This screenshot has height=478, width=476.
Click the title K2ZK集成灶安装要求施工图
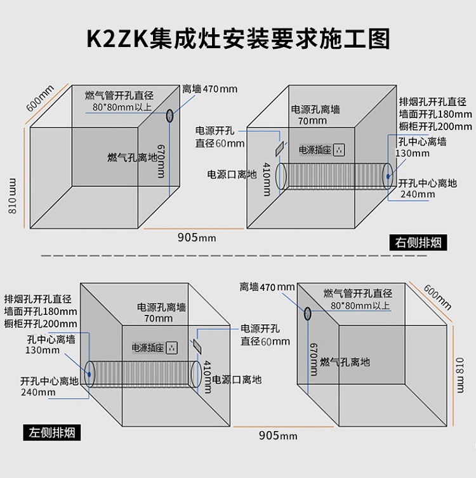(x=238, y=38)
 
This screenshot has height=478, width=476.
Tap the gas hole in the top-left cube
(x=170, y=116)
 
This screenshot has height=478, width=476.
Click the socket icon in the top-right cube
(x=339, y=150)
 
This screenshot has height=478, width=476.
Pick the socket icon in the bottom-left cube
(x=173, y=347)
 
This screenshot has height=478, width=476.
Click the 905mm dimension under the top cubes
(x=197, y=237)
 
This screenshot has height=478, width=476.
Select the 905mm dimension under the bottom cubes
(x=277, y=435)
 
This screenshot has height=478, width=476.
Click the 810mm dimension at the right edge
(x=462, y=375)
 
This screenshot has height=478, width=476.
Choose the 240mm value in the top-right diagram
(x=418, y=194)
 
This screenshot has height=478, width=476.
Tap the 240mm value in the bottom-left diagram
(x=38, y=392)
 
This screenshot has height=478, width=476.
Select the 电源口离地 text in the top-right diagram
(x=232, y=174)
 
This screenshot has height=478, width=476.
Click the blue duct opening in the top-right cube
(x=387, y=175)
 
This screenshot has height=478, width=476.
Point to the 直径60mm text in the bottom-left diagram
(x=265, y=341)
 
